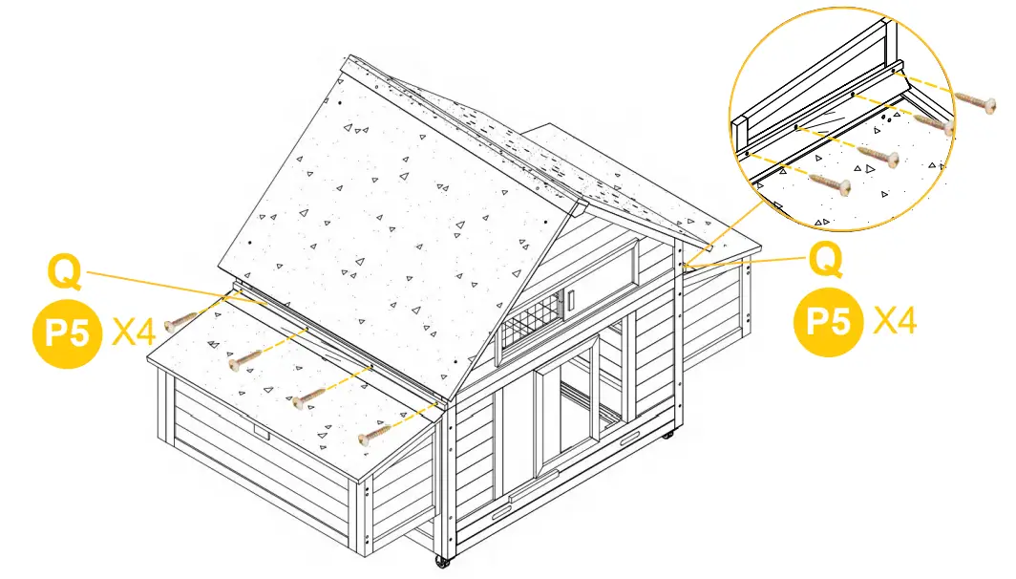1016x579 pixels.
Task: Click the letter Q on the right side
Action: [x=826, y=259]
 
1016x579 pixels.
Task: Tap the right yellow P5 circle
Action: [x=828, y=321]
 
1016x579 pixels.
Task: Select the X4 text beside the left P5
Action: [x=133, y=333]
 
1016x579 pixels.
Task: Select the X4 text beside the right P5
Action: [x=895, y=321]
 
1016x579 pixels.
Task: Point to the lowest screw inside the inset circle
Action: [x=830, y=182]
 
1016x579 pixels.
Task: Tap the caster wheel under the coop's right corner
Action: [x=667, y=436]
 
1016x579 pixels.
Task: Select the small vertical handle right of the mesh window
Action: [x=570, y=301]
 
